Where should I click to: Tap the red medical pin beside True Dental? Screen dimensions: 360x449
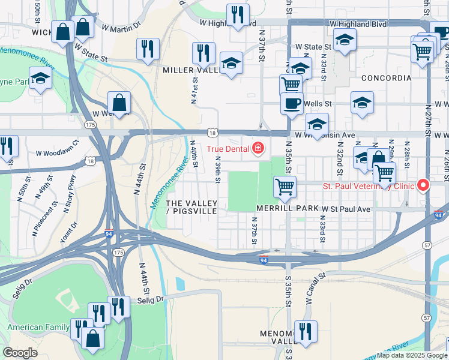(258, 148)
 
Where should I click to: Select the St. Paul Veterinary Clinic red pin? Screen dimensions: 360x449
(423, 185)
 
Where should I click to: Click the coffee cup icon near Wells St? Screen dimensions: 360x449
(292, 103)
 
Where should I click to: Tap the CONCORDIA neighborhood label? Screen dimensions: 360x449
(386, 78)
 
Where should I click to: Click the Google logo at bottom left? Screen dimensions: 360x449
(20, 353)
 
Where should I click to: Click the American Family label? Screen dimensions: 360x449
(34, 328)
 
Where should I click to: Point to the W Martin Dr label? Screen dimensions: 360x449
(121, 27)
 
